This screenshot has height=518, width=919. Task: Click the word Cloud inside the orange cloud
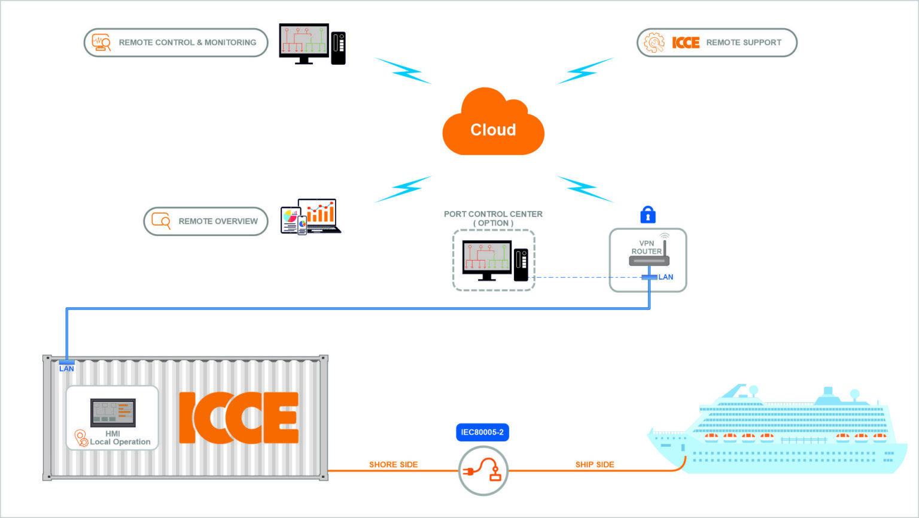(x=493, y=130)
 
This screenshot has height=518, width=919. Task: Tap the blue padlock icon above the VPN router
(x=647, y=214)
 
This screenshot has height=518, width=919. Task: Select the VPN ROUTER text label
(x=646, y=247)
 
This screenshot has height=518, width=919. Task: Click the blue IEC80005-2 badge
(x=482, y=432)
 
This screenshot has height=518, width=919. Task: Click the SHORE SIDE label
(x=393, y=464)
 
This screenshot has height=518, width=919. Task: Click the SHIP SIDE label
(x=594, y=464)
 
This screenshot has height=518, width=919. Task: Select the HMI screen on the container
(x=113, y=412)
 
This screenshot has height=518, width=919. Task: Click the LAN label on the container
(x=66, y=368)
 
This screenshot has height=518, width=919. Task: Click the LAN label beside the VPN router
(x=665, y=277)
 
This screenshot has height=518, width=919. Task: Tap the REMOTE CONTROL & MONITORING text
(x=187, y=43)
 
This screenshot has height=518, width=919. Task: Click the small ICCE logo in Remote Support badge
(x=686, y=43)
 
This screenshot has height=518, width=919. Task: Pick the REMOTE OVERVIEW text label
(x=218, y=221)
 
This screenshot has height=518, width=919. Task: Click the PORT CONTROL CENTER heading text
(x=493, y=214)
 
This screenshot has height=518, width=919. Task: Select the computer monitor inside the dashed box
(x=486, y=259)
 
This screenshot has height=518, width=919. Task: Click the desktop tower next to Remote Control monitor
(x=339, y=47)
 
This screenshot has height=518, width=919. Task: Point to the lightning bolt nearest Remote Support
(x=585, y=71)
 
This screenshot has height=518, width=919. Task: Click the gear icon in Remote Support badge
(x=653, y=43)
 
